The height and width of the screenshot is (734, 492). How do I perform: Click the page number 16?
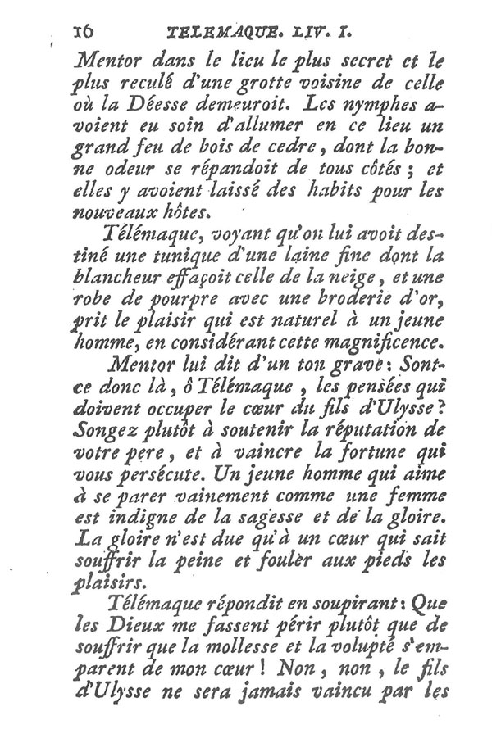pyautogui.click(x=84, y=31)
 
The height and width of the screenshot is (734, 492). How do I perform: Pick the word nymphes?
pyautogui.click(x=398, y=106)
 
